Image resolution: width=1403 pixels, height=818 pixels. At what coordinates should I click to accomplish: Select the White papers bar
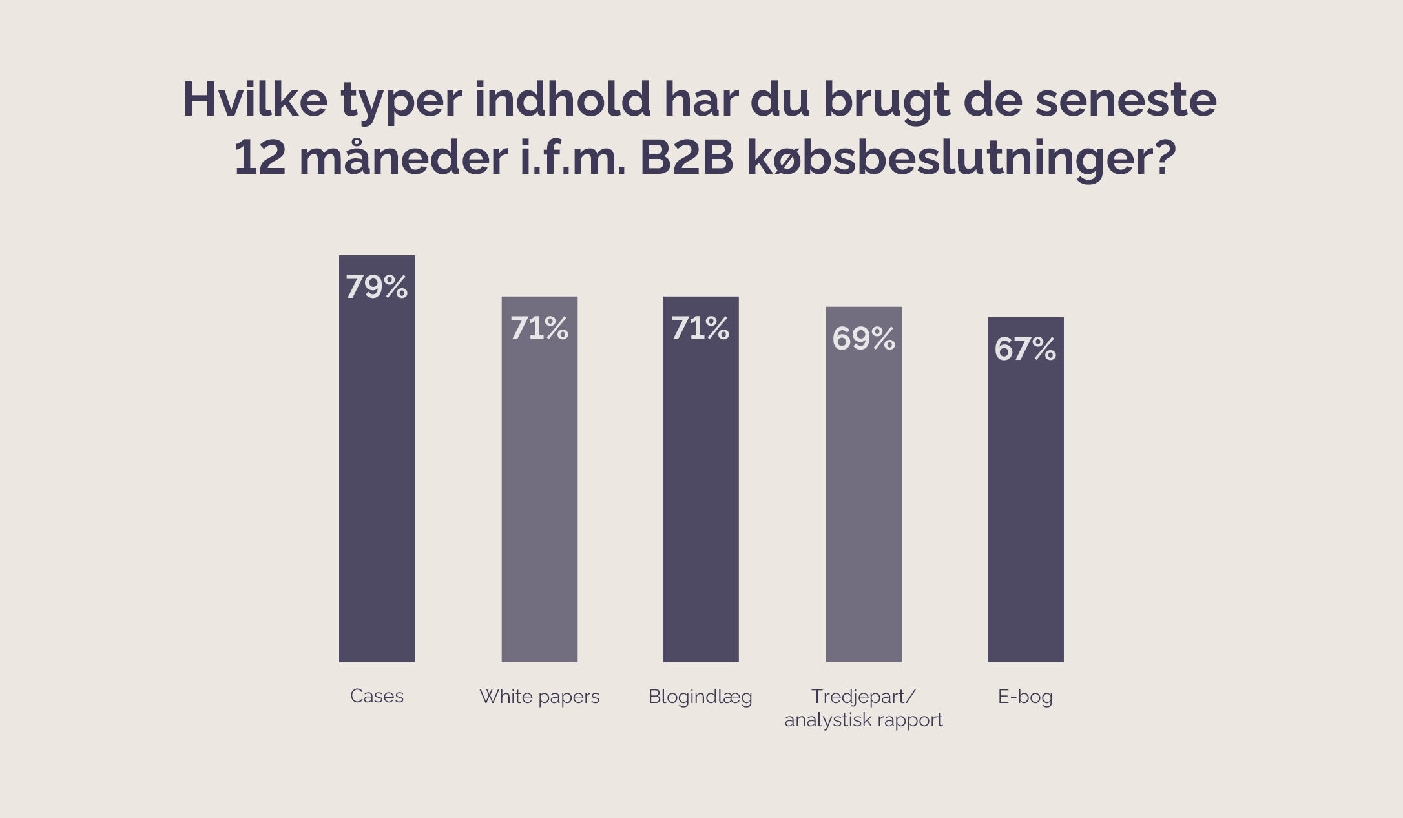coord(539,498)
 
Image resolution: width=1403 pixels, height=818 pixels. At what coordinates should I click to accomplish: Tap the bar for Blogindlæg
coord(700,498)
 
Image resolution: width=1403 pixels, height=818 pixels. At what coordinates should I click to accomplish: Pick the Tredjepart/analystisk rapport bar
coord(864,504)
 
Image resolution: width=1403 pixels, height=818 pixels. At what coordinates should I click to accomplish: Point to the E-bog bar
coord(1025,510)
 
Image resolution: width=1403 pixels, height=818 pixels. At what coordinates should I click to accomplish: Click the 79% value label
coord(377,287)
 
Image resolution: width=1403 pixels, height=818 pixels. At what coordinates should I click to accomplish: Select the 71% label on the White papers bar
coord(539,328)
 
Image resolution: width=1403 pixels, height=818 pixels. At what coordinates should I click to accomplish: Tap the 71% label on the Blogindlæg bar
coord(700,328)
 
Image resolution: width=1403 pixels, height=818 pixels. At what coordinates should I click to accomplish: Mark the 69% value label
coord(864,339)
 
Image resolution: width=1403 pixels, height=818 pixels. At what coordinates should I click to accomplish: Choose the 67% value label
coord(1025,349)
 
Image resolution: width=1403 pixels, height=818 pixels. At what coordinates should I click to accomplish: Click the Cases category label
coord(377,696)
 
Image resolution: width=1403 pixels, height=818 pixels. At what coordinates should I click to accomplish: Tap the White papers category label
coord(539,697)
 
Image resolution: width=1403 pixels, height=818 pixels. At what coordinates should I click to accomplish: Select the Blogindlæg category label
coord(700,697)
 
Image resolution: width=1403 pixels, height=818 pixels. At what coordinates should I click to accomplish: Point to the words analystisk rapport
coord(864,720)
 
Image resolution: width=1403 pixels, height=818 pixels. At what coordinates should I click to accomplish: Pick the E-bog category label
coord(1025,697)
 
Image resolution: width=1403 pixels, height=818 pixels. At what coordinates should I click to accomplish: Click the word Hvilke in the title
coord(255,100)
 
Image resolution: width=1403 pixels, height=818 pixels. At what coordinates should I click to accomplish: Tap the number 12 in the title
coord(259,158)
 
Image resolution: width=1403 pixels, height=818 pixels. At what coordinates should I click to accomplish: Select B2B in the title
coord(686,158)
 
